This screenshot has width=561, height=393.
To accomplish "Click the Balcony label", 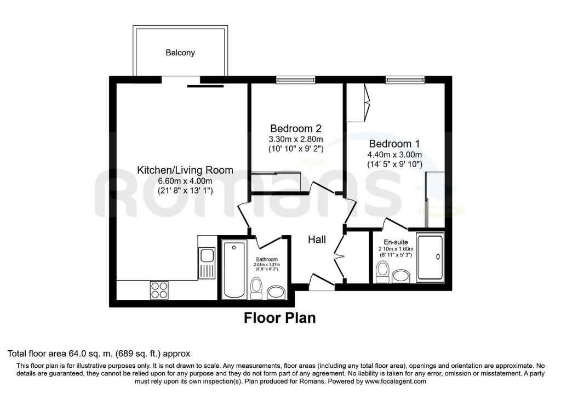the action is [180, 53].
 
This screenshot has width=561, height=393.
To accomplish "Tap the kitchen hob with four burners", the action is [159, 290].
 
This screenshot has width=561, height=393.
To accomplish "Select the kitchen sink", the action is [207, 263].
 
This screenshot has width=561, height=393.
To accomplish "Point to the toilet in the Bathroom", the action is [256, 288].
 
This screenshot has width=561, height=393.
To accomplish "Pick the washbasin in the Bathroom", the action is [277, 293].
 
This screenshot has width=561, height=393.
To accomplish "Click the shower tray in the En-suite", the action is [430, 257].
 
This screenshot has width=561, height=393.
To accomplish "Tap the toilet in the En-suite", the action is [382, 271].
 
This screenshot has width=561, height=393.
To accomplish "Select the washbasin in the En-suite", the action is [402, 276].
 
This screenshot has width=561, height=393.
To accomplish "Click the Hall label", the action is [317, 240].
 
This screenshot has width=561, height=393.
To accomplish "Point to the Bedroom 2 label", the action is [296, 128].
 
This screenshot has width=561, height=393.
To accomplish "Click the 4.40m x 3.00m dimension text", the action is [394, 155].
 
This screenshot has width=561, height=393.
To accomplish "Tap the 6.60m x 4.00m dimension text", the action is [185, 181].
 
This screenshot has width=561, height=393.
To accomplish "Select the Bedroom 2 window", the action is [295, 79].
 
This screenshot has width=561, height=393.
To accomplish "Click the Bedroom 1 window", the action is [405, 79].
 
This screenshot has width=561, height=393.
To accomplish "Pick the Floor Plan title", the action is [280, 318].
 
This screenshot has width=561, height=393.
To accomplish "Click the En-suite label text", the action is [396, 242].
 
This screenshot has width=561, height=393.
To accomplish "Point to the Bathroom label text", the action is [267, 259].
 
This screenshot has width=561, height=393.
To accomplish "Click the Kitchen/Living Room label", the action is [185, 170].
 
